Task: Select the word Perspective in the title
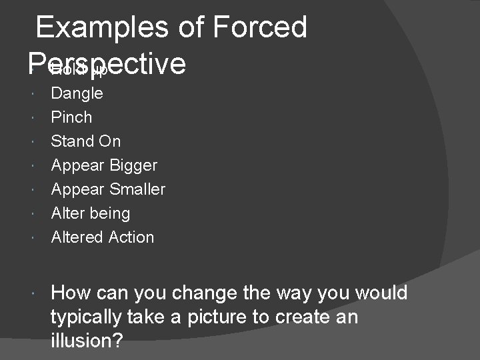click(107, 63)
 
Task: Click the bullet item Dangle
click(77, 93)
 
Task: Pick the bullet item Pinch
click(71, 117)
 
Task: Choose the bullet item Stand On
click(85, 141)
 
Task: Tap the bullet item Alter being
click(90, 213)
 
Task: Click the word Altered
click(77, 237)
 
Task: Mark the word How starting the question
click(71, 293)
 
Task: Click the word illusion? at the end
click(87, 341)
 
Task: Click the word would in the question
click(381, 293)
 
